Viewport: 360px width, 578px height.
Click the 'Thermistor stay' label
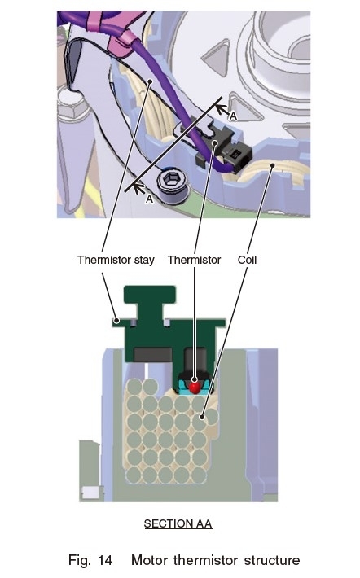tap(116, 260)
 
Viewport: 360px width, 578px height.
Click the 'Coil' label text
tap(247, 260)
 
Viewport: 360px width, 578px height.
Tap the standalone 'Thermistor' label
tap(194, 260)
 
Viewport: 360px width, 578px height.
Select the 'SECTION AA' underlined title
tap(178, 523)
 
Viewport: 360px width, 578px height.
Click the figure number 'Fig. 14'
tap(90, 560)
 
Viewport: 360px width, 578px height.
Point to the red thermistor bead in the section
tap(195, 387)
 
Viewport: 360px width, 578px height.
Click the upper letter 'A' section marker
tap(233, 116)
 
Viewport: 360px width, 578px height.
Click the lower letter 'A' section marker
tap(149, 199)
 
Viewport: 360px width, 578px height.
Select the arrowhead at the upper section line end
tap(221, 108)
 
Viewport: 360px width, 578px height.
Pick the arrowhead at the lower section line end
tap(138, 188)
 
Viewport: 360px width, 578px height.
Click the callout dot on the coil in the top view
tap(273, 165)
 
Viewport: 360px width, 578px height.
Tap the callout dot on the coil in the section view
tap(202, 417)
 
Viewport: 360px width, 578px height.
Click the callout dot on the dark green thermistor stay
tap(116, 320)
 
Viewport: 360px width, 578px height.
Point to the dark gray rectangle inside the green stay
tap(152, 354)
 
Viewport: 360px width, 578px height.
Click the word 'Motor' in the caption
tap(150, 560)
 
